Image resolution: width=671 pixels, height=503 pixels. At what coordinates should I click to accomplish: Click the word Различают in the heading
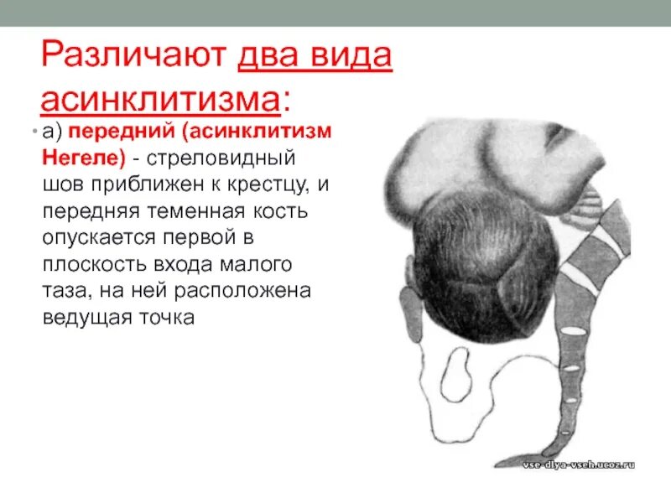tap(135, 57)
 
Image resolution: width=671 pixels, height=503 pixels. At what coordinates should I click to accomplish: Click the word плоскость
tap(93, 265)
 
